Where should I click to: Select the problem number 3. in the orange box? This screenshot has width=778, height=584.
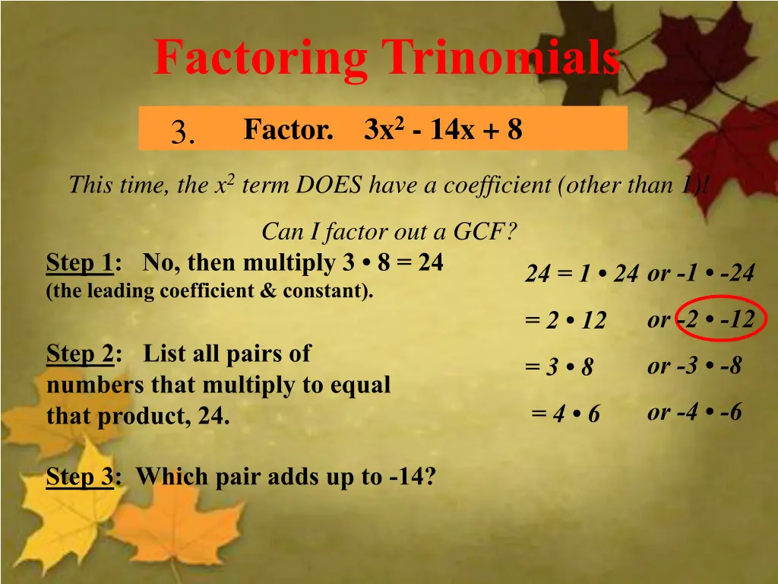point(183,133)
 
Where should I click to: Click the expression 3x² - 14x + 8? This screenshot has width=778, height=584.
point(444,130)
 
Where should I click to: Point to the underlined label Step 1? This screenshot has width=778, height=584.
point(80,263)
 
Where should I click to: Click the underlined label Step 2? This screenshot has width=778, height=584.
point(80,354)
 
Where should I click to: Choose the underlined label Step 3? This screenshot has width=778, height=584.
point(80,477)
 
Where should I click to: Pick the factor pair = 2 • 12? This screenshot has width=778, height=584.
point(565,321)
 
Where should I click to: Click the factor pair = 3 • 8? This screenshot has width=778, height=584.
point(559,367)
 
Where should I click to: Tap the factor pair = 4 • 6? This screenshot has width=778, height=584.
point(566,414)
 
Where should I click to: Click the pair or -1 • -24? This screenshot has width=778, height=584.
point(701,273)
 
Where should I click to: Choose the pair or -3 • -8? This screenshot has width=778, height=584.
point(694,366)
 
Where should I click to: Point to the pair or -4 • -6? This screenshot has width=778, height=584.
point(694,412)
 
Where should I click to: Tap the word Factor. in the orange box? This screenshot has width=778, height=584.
point(288,130)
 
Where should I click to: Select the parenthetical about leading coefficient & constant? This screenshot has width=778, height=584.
point(210,291)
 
